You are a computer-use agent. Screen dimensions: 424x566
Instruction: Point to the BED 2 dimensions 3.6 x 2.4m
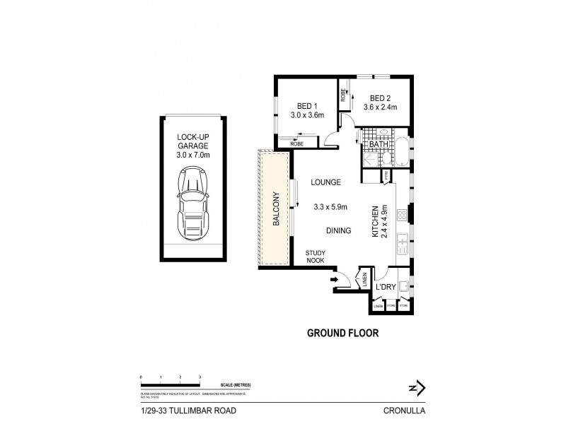tap(380, 107)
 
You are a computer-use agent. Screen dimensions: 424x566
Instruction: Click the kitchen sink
tap(401, 243)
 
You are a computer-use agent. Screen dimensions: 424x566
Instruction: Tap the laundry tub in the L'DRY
tap(403, 287)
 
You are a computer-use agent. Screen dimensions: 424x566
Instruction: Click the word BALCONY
tap(277, 209)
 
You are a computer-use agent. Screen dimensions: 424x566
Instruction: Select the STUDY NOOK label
tap(315, 257)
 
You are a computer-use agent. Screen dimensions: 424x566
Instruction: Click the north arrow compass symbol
tap(417, 387)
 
